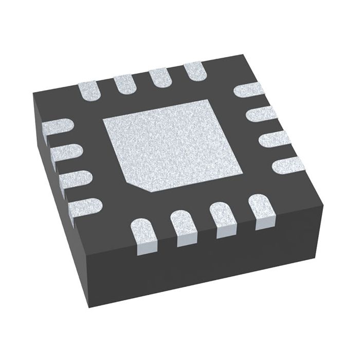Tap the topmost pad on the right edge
[249, 91]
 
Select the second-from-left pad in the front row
[184, 227]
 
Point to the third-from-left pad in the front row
[223, 220]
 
